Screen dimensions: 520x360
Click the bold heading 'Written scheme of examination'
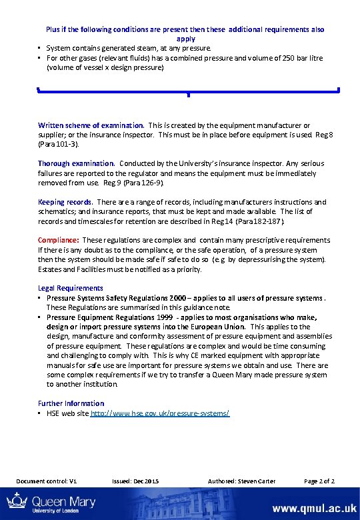click(x=91, y=125)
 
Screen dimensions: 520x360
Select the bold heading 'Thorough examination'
click(x=76, y=163)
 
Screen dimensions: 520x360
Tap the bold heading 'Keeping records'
click(x=65, y=202)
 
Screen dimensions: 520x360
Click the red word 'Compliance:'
click(x=59, y=240)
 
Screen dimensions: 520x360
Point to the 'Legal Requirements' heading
click(x=71, y=288)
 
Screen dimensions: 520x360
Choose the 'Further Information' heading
click(x=71, y=403)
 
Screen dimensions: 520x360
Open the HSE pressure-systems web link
click(x=159, y=413)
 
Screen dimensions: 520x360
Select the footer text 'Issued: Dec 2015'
click(x=136, y=481)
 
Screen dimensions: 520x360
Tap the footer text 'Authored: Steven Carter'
click(x=241, y=481)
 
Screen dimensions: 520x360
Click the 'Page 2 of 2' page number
click(x=319, y=481)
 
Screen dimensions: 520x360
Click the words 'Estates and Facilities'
click(x=75, y=269)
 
